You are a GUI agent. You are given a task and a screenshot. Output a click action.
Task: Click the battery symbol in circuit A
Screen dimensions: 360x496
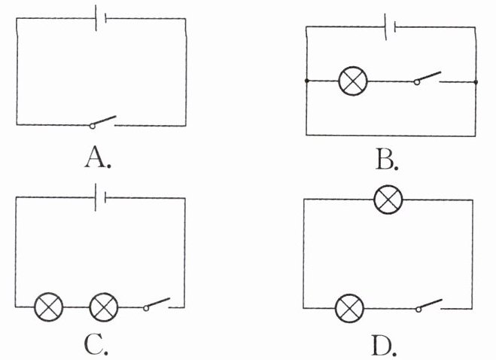[101, 17]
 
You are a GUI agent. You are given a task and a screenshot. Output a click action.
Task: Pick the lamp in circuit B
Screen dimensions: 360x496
[351, 81]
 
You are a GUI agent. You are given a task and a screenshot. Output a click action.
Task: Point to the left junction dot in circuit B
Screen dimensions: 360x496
[306, 81]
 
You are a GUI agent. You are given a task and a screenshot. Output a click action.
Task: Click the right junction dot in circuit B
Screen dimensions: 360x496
[476, 81]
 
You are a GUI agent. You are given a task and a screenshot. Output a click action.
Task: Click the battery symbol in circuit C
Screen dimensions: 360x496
[101, 198]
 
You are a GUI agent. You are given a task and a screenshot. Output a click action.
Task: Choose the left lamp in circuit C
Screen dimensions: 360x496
[50, 307]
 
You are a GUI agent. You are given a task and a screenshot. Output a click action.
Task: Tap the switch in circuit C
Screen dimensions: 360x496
[157, 305]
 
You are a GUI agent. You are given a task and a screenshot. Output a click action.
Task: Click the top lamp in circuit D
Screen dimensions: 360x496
[389, 200]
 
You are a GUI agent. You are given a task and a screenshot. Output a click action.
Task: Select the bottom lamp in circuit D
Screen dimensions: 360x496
[349, 307]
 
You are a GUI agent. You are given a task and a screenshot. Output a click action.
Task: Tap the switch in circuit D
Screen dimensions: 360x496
[429, 306]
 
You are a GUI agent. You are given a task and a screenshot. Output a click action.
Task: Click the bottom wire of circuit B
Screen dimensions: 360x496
[391, 135]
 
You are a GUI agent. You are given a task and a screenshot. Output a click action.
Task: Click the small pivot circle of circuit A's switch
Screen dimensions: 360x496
[91, 125]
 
